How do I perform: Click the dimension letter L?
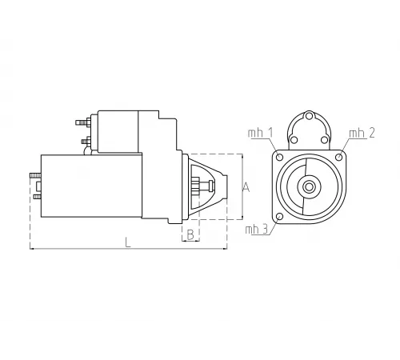pyautogui.click(x=127, y=243)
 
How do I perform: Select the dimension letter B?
pyautogui.click(x=190, y=234)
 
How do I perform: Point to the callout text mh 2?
pyautogui.click(x=362, y=133)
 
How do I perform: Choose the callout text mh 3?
pyautogui.click(x=258, y=230)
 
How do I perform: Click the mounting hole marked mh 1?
pyautogui.click(x=278, y=158)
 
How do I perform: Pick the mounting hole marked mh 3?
pyautogui.click(x=278, y=218)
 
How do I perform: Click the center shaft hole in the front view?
pyautogui.click(x=308, y=187)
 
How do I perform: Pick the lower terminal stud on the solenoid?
pyautogui.click(x=86, y=143)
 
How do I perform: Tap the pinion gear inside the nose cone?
pyautogui.click(x=194, y=188)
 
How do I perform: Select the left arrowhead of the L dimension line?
pyautogui.click(x=33, y=250)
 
